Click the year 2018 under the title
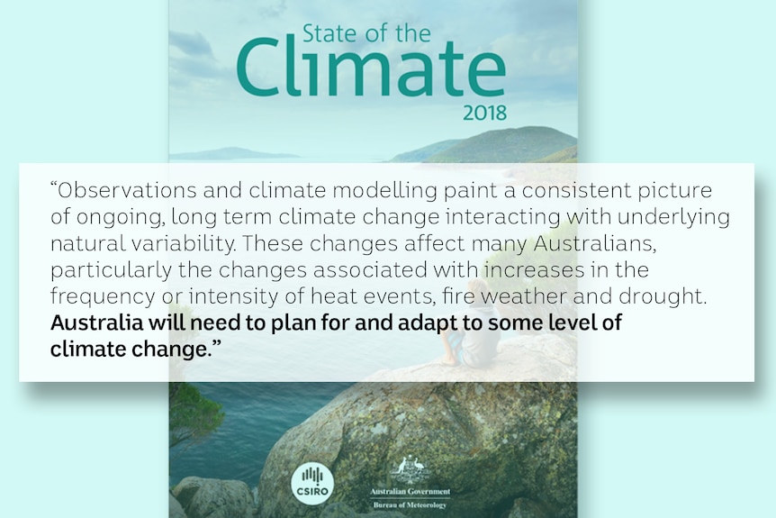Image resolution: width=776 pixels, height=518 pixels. pos(484,114)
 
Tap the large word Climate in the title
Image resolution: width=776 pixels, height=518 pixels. pos(371,68)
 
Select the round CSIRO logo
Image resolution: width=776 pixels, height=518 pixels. pos(312,484)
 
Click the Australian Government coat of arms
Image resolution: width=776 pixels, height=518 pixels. pos(410,469)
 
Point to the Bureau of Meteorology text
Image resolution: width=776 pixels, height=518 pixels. pos(410,505)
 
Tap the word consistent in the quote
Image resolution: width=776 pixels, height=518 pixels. pos(576,190)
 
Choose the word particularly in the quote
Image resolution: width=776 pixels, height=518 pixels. pos(111,271)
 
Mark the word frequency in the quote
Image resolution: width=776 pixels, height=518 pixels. pos(103,297)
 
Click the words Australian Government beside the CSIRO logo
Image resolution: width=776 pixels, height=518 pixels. pos(410,492)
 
